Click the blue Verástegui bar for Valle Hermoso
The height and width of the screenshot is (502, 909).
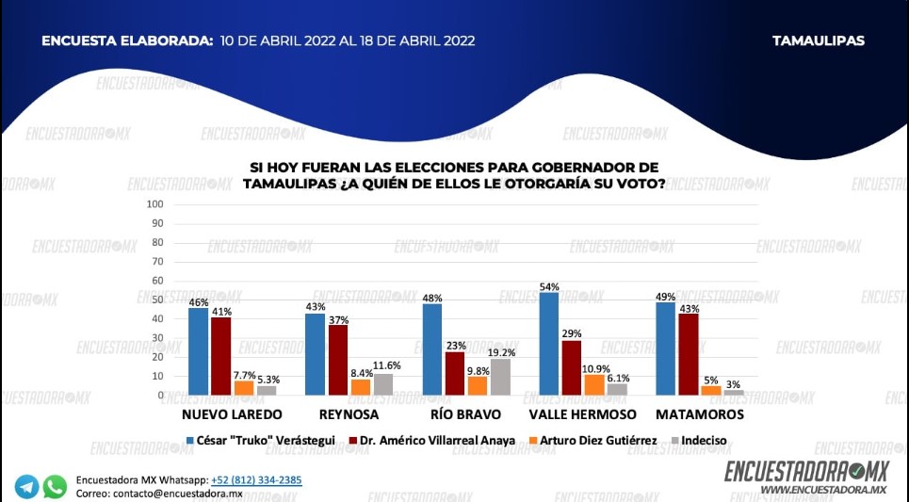click(549, 344)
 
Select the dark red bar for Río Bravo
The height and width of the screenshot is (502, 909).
click(455, 373)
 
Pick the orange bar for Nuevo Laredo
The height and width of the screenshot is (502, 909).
click(243, 387)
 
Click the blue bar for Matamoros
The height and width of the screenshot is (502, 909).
click(666, 348)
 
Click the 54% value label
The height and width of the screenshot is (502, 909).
click(549, 286)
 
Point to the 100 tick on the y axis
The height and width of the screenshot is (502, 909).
click(155, 204)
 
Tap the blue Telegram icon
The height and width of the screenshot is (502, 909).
click(26, 487)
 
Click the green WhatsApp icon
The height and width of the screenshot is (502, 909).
click(56, 487)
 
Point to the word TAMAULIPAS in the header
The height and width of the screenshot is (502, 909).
click(818, 40)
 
